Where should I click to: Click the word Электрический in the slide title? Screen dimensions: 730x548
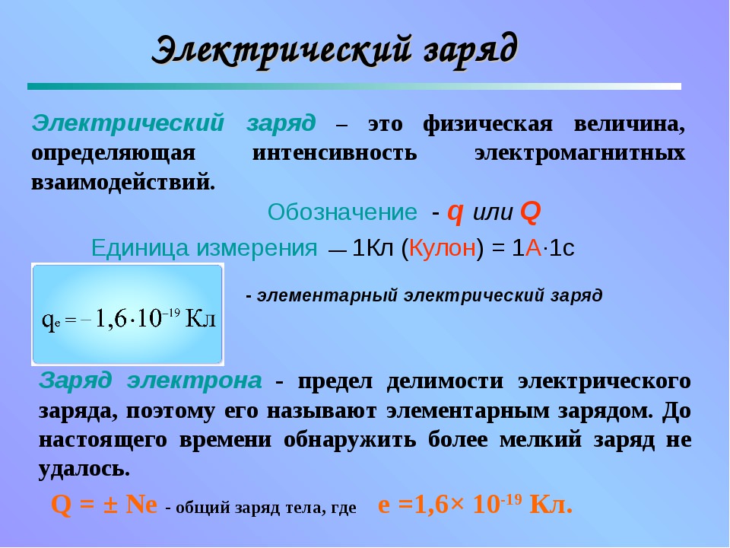[282, 50]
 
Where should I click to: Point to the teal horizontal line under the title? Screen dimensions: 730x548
[354, 86]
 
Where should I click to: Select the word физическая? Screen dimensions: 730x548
[488, 124]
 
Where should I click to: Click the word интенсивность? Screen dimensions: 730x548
[335, 153]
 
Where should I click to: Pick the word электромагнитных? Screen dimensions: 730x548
[579, 153]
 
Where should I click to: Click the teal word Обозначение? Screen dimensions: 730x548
[342, 212]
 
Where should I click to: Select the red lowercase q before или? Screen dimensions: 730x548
[455, 212]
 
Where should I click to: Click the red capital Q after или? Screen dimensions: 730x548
[530, 212]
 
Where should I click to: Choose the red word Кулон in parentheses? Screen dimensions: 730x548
[443, 247]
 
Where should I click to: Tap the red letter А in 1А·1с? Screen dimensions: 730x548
[533, 248]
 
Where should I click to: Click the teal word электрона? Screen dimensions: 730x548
[195, 381]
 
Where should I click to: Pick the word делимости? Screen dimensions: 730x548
[445, 381]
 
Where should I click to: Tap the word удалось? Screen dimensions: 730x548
[84, 468]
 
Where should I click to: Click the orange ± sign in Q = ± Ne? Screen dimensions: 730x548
[110, 505]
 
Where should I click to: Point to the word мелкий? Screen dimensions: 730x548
[541, 439]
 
